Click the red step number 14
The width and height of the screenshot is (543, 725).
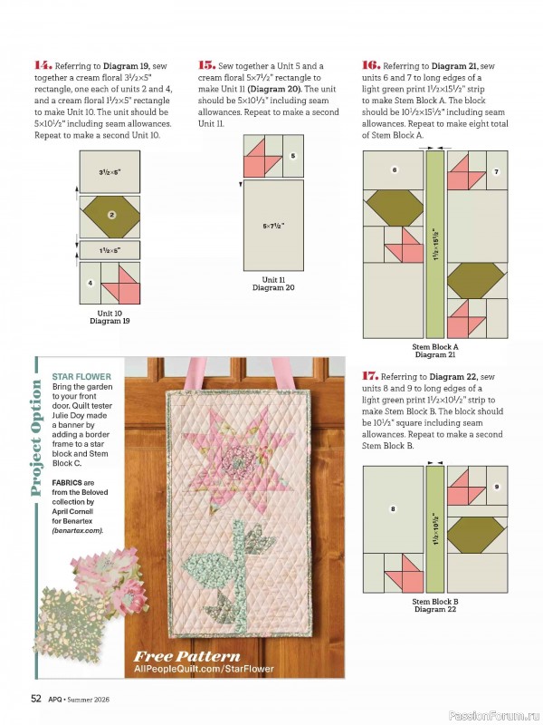(x=43, y=65)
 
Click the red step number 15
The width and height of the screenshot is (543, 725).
(x=206, y=65)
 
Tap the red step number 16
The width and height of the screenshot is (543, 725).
(x=370, y=65)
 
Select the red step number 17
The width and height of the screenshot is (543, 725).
(x=370, y=375)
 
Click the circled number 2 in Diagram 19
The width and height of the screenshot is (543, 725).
(x=110, y=215)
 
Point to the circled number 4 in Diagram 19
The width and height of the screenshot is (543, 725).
(x=90, y=283)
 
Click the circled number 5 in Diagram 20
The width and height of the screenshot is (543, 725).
(x=293, y=156)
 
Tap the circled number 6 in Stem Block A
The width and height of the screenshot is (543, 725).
(x=395, y=169)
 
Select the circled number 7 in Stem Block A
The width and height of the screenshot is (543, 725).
(x=495, y=171)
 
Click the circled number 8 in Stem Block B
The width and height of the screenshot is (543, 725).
(x=393, y=509)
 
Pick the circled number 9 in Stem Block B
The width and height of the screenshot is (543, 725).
(x=496, y=488)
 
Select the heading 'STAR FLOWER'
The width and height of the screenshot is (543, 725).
(x=81, y=376)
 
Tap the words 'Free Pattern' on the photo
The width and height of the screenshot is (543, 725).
(x=187, y=656)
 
